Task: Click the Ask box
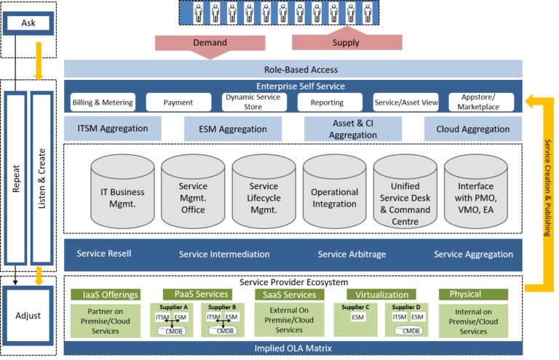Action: click(x=28, y=23)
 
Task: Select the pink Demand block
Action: click(x=210, y=42)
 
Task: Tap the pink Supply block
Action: click(x=346, y=42)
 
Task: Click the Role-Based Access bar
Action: click(x=293, y=70)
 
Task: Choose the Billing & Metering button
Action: click(x=103, y=103)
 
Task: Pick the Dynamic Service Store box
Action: click(x=254, y=103)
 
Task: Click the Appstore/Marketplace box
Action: click(x=478, y=103)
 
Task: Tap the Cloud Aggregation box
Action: click(x=472, y=129)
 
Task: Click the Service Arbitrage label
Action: click(x=352, y=255)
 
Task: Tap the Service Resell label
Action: click(x=104, y=254)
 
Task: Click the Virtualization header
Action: click(x=381, y=295)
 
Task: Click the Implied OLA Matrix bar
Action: click(x=293, y=348)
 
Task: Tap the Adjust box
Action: click(x=28, y=316)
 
